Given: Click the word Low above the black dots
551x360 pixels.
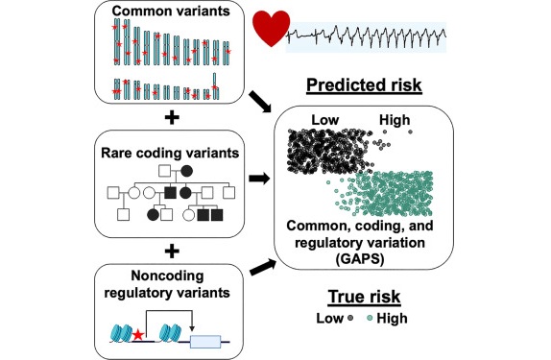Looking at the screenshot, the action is click(x=324, y=121).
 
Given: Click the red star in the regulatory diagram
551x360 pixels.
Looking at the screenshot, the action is click(x=139, y=333).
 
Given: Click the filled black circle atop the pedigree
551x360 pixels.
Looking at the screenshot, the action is click(x=183, y=173).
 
